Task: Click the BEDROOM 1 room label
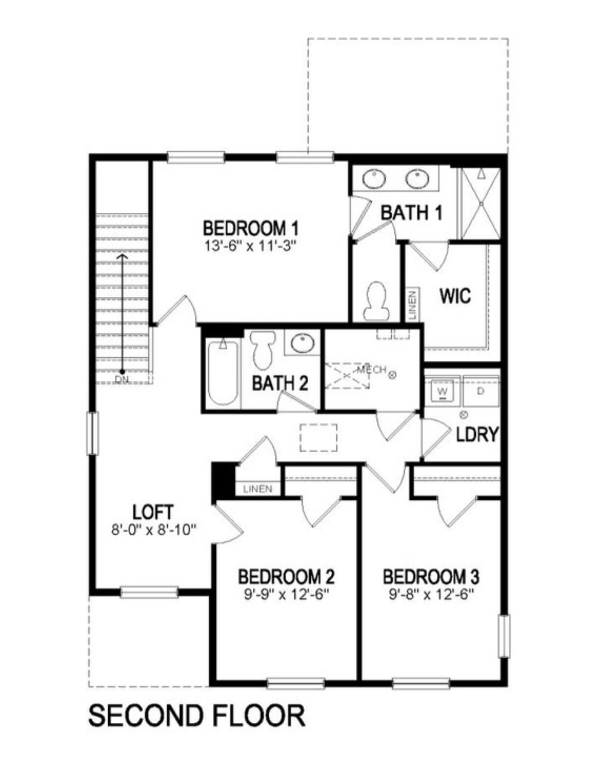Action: point(251,228)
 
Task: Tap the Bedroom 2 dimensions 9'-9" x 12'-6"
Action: point(287,595)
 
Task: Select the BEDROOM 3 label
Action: point(431,577)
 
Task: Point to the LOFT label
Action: point(153,512)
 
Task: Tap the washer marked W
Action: point(442,391)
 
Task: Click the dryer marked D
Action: point(481,391)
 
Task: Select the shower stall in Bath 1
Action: point(481,204)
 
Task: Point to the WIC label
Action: point(455,296)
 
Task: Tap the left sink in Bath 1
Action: point(374,179)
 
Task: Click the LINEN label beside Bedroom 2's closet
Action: point(258,489)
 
